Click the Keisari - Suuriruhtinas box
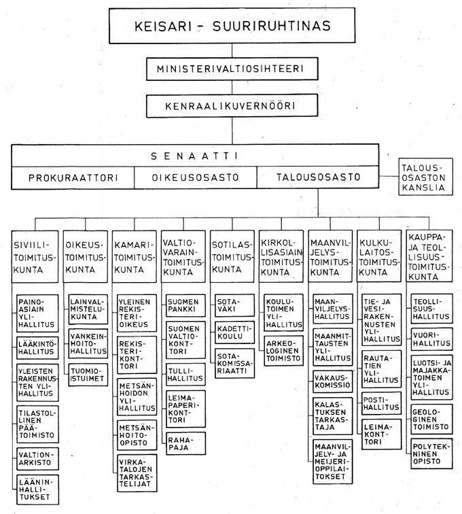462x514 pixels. pos(232,27)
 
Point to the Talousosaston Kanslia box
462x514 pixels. pos(425,177)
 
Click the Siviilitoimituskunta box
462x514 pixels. pos(35,257)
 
